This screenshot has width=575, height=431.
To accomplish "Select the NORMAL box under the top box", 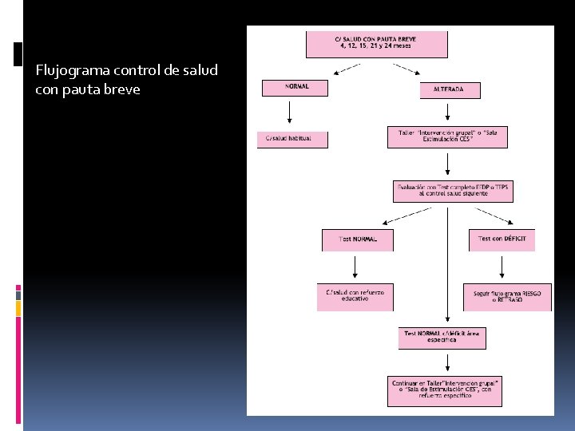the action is pyautogui.click(x=295, y=88).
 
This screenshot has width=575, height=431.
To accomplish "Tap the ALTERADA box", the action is pyautogui.click(x=450, y=90).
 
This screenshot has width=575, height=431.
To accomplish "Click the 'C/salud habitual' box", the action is pyautogui.click(x=292, y=139).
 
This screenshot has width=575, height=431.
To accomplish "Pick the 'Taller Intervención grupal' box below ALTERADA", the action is pyautogui.click(x=447, y=137).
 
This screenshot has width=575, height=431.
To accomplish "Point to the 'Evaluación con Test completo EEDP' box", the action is pyautogui.click(x=453, y=192).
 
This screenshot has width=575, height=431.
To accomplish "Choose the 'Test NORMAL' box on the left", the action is pyautogui.click(x=357, y=239).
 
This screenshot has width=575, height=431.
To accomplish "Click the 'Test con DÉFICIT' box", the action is pyautogui.click(x=502, y=239).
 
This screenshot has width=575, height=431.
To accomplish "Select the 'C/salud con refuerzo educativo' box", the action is pyautogui.click(x=355, y=296).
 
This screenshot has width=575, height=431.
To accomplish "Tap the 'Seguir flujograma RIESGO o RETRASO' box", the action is pyautogui.click(x=507, y=297).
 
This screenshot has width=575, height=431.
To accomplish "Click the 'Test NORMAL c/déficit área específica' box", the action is pyautogui.click(x=442, y=338).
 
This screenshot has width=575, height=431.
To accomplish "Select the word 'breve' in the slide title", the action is pyautogui.click(x=121, y=89).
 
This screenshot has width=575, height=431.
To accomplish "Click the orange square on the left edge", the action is pyautogui.click(x=18, y=307).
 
